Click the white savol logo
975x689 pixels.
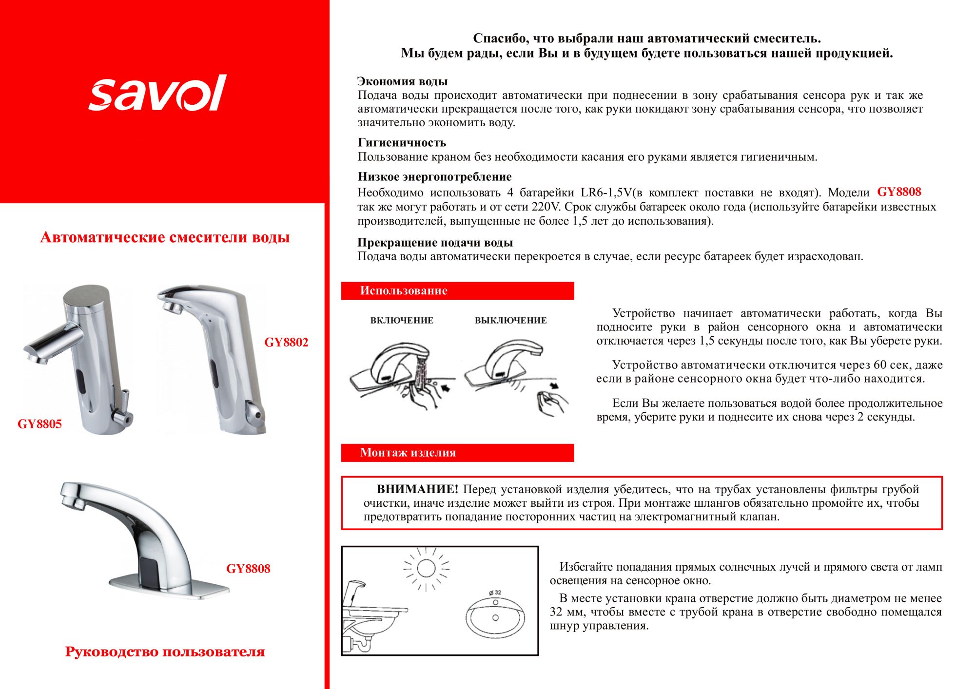[x=157, y=93]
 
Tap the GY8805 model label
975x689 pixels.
[x=40, y=424]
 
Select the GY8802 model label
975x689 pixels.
[x=286, y=342]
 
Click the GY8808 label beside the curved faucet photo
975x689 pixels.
[x=248, y=569]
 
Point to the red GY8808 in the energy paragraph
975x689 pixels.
[x=899, y=192]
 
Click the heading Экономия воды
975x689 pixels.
[x=402, y=81]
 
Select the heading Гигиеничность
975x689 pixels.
[x=402, y=142]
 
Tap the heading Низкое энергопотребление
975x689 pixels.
[x=434, y=176]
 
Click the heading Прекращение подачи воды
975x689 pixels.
[x=435, y=242]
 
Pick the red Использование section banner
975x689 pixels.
[x=457, y=291]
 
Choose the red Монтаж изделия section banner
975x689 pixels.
[x=457, y=453]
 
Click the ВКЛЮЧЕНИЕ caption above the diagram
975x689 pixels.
[x=402, y=320]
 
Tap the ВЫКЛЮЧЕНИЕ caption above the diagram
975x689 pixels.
[x=510, y=320]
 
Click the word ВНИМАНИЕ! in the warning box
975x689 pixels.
[x=417, y=489]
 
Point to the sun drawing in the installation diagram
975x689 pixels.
[x=426, y=568]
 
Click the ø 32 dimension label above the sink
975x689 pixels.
[x=495, y=593]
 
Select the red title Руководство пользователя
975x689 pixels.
[x=165, y=652]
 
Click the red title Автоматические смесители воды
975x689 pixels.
[x=165, y=237]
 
